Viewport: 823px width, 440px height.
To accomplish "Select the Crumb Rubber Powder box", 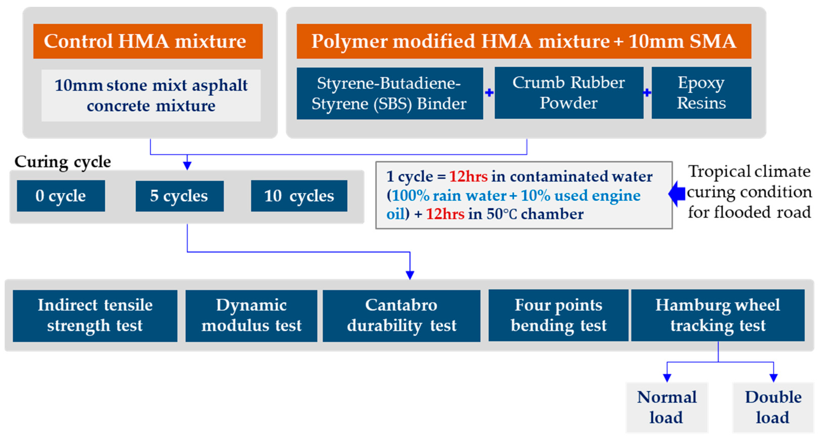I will click(569, 93).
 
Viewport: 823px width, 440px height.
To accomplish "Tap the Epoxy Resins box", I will click(701, 93).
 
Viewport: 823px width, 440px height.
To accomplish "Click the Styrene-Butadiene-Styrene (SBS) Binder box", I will click(389, 93).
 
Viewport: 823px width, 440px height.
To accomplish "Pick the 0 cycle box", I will click(61, 196).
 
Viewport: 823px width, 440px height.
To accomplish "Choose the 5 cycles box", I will click(179, 196).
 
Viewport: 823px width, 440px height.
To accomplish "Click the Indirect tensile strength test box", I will click(95, 316).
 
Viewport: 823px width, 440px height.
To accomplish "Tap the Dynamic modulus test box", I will click(251, 316).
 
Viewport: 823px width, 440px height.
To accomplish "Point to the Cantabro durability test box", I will click(401, 316).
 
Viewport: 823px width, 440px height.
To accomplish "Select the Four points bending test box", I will click(558, 316).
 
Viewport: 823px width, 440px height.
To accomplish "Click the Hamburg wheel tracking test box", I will click(717, 316).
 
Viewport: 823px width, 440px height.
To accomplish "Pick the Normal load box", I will click(667, 407).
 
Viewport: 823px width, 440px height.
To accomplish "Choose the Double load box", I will click(773, 407).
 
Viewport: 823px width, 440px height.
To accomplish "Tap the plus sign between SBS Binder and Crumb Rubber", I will click(489, 93).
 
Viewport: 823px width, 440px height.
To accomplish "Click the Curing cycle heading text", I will click(63, 162).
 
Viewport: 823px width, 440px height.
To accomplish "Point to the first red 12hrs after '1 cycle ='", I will click(468, 176).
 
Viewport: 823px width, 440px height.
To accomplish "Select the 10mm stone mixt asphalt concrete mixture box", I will click(151, 95).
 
